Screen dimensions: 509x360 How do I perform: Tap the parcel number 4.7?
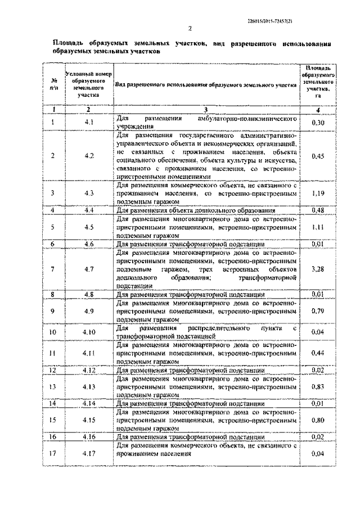click(89, 269)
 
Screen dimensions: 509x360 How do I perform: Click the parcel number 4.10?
click(89, 332)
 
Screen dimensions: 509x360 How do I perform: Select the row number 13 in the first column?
click(53, 388)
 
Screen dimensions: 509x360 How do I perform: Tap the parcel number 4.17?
click(89, 453)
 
